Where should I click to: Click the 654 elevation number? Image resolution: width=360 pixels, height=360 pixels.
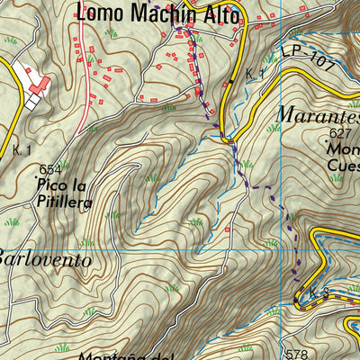50,169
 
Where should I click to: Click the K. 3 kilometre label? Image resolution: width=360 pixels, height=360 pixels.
311,294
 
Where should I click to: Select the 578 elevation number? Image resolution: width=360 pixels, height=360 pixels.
296,354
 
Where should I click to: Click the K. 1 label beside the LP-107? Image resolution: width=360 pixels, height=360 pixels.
255,73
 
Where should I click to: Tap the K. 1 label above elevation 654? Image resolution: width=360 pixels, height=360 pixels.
22,149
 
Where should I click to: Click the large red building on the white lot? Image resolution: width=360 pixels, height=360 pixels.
40,84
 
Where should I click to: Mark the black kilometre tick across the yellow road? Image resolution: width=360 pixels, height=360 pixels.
231,82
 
